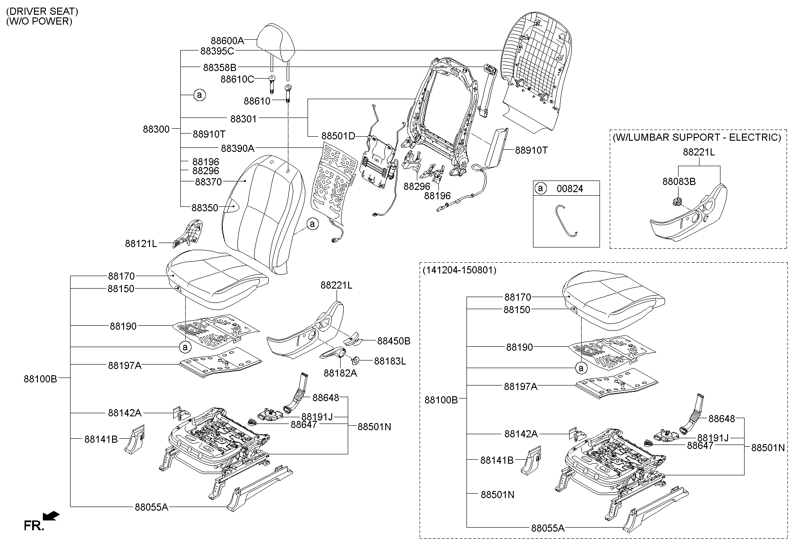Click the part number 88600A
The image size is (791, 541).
(228, 41)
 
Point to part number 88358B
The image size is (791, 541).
(220, 67)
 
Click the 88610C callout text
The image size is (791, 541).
(237, 80)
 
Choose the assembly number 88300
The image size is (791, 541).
(156, 130)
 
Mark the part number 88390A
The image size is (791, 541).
(237, 148)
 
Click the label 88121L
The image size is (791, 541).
(141, 243)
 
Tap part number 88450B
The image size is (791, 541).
(394, 341)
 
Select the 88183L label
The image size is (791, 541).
(390, 361)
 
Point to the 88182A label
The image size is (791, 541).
(340, 373)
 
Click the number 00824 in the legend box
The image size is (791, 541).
(570, 189)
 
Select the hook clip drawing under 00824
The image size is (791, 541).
(566, 220)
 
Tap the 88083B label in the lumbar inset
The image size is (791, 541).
(679, 181)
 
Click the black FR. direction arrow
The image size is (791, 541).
(52, 516)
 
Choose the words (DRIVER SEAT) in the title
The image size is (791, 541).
(42, 11)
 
